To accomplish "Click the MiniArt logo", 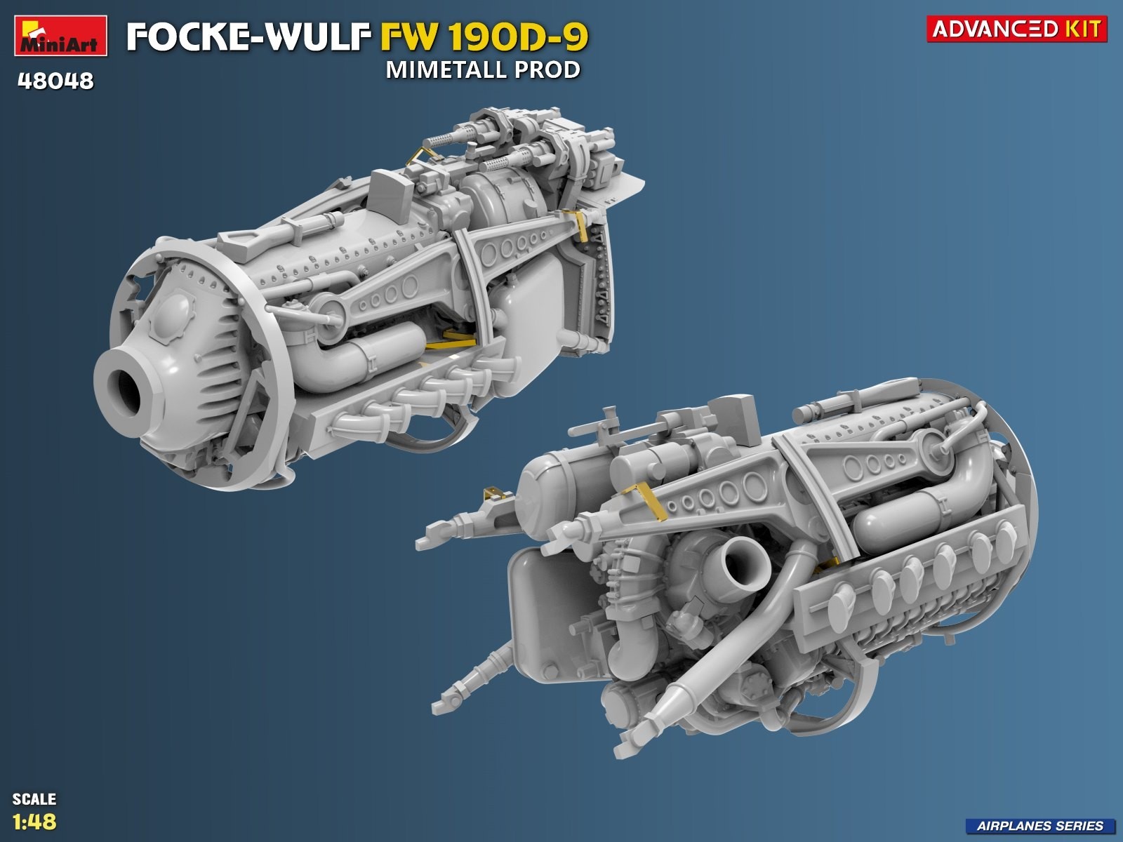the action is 61,35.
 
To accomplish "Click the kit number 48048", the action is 55,81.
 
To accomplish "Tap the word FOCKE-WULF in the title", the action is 248,36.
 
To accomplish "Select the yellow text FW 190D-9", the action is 484,36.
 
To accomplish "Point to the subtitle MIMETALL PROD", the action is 484,70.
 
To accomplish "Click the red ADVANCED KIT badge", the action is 1016,29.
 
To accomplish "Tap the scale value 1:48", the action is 34,822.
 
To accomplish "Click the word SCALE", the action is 34,799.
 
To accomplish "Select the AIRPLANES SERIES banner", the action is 1039,826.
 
